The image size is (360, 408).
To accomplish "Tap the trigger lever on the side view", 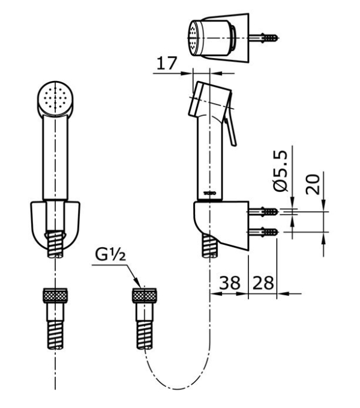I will tap(230, 129).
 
